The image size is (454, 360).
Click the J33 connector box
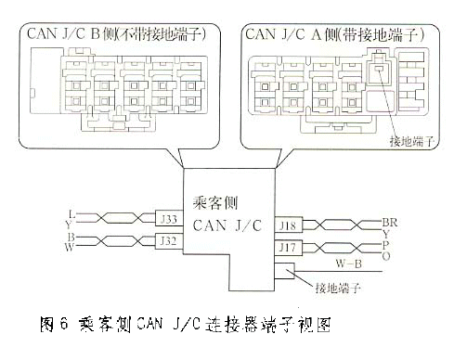coord(169,219)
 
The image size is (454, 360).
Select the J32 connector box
coord(169,240)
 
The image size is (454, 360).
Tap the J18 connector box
coord(289,225)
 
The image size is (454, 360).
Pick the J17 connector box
coord(289,248)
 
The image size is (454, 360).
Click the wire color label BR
coord(390,223)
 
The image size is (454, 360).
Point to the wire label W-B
coord(349,264)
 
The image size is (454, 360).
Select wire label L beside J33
coord(71,214)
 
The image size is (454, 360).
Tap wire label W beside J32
coord(70,247)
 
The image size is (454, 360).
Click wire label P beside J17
coord(385,245)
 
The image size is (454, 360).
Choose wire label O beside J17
coord(386,256)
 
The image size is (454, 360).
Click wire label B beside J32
coord(71,237)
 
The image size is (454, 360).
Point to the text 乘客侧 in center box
coord(215,203)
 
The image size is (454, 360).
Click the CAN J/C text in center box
coord(227,225)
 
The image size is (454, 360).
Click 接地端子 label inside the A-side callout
coord(412,141)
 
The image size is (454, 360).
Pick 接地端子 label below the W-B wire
coord(338,289)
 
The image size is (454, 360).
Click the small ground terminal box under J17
coord(285,271)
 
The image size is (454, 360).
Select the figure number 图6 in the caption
coord(54,324)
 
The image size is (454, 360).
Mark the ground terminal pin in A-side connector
coord(378,69)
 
